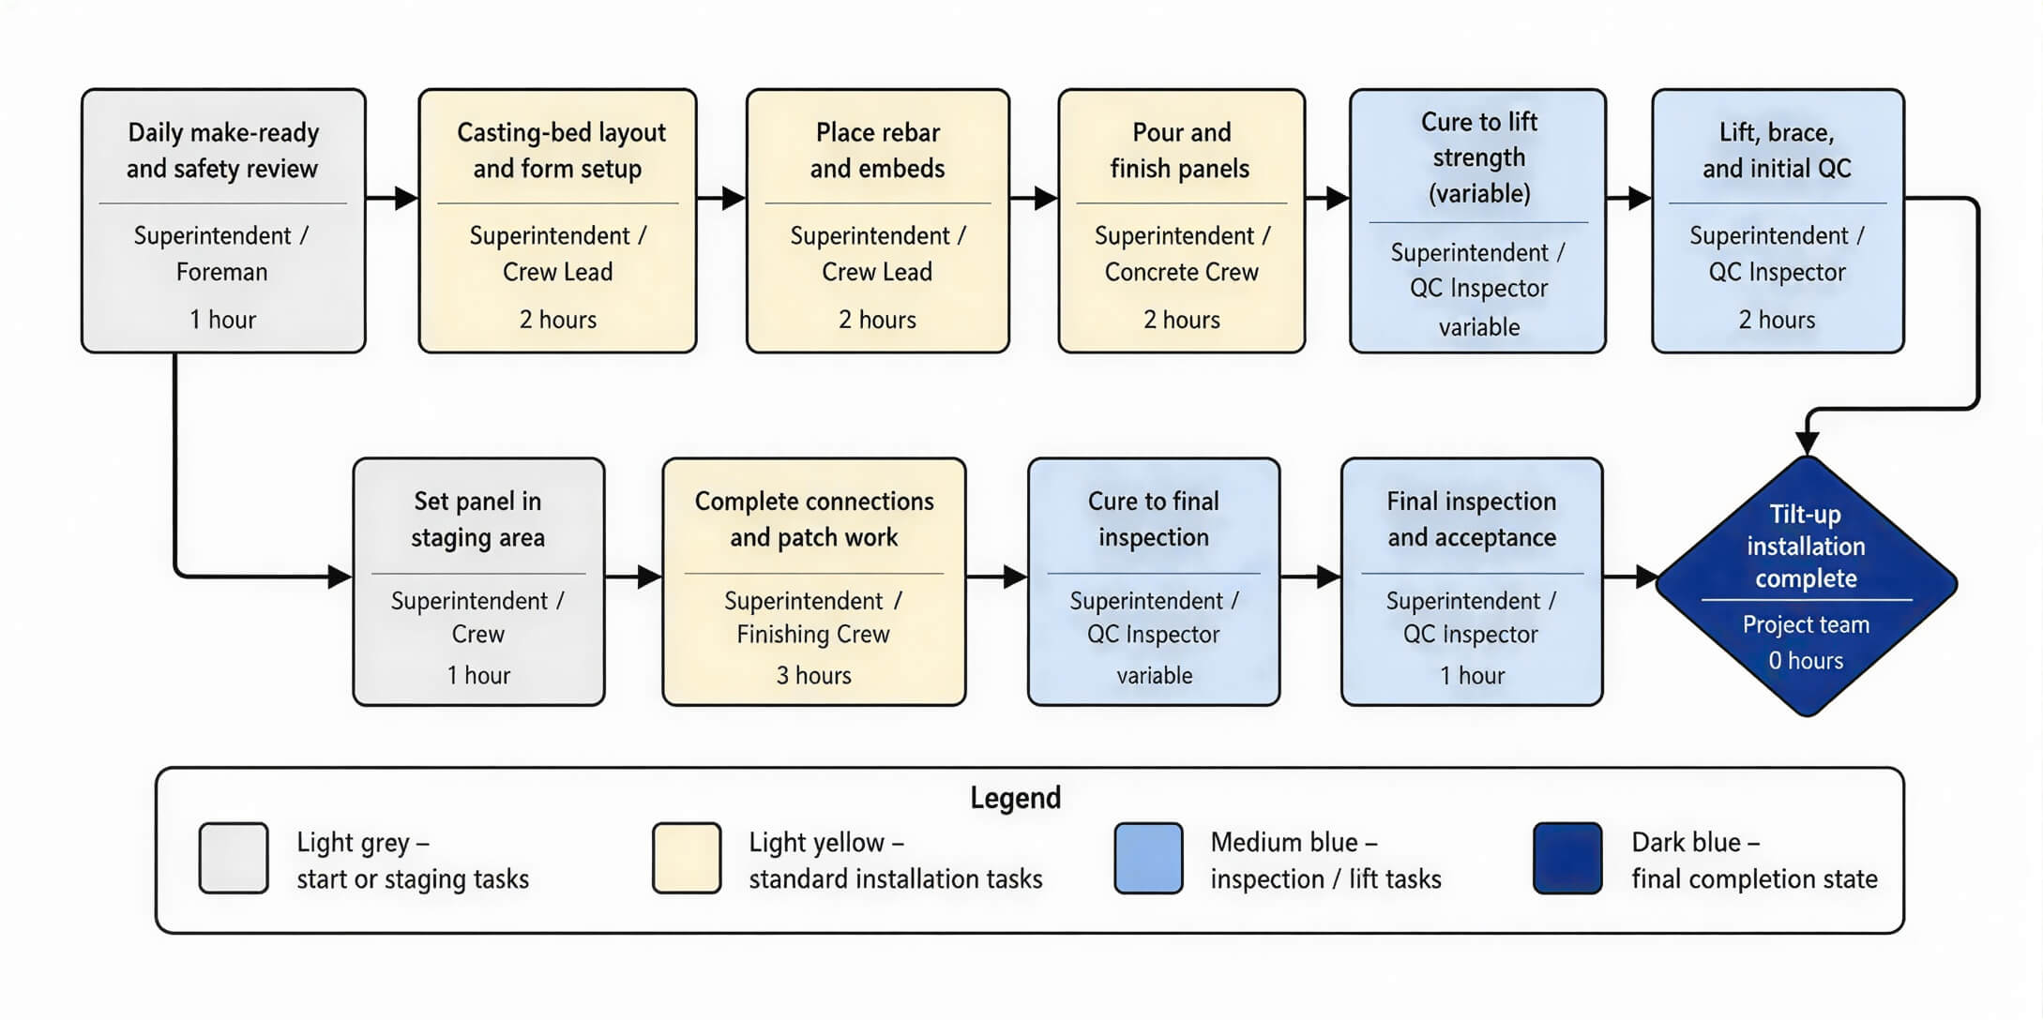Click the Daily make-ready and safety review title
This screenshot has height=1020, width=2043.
(x=222, y=150)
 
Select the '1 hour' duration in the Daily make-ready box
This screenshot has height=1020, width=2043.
(x=222, y=320)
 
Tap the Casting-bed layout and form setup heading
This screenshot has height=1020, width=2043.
(x=560, y=150)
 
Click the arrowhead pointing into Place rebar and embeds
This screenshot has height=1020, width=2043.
(x=734, y=198)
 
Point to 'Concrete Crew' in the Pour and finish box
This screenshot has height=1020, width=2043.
(x=1181, y=272)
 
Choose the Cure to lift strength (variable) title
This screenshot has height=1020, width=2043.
(x=1479, y=157)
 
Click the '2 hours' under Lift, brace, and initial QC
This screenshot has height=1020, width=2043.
(x=1777, y=320)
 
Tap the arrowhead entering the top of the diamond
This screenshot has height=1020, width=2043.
(x=1807, y=442)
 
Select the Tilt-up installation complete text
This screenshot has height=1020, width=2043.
(x=1806, y=546)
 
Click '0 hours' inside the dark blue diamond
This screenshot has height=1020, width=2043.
(x=1806, y=661)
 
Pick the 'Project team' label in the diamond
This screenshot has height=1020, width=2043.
(x=1806, y=624)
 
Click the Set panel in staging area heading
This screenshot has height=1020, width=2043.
(x=477, y=519)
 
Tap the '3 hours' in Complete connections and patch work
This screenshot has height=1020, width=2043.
(x=813, y=675)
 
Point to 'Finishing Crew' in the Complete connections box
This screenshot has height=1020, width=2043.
(x=813, y=635)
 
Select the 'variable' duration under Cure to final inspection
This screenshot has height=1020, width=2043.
(x=1154, y=675)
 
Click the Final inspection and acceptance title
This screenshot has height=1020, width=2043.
(x=1471, y=519)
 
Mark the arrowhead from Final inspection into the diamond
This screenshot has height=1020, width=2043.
(x=1647, y=577)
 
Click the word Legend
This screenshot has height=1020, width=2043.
(x=1015, y=798)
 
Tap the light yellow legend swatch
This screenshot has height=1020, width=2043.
(x=687, y=858)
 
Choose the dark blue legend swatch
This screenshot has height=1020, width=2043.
(x=1567, y=858)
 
